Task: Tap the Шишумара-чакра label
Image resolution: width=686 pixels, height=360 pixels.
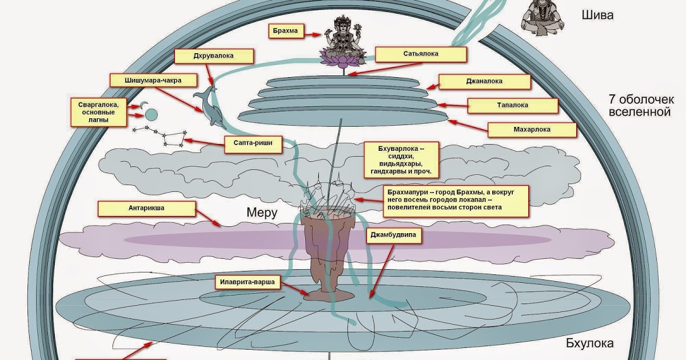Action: coord(153,81)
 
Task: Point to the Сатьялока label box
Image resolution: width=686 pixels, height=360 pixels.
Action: coord(421,55)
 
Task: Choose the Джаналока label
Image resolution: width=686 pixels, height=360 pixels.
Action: coord(484,81)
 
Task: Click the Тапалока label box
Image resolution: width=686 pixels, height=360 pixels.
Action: coord(512,106)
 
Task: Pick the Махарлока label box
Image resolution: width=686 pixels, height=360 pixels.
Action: coord(532,130)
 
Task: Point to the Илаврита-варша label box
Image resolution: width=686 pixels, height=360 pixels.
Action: coord(249,282)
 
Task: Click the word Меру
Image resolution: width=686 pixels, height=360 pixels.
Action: coord(262,213)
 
